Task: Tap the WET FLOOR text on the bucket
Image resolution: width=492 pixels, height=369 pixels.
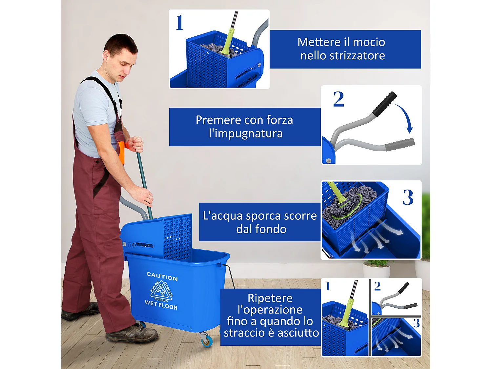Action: point(161,305)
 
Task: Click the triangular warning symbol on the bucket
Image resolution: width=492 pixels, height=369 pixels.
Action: point(161,290)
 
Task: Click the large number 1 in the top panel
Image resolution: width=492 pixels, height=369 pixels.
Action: point(179,23)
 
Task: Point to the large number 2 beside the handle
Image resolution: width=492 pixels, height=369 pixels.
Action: point(338,99)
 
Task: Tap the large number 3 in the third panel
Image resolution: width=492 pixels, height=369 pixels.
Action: point(408,197)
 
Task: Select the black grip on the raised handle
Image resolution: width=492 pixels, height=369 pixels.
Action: point(384,104)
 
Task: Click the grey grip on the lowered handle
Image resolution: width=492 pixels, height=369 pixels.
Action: point(400,145)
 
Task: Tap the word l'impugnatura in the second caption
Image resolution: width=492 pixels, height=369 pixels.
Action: point(245,133)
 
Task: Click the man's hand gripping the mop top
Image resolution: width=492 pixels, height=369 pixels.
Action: point(135,144)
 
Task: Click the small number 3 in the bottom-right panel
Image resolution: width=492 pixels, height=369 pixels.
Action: point(416,323)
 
